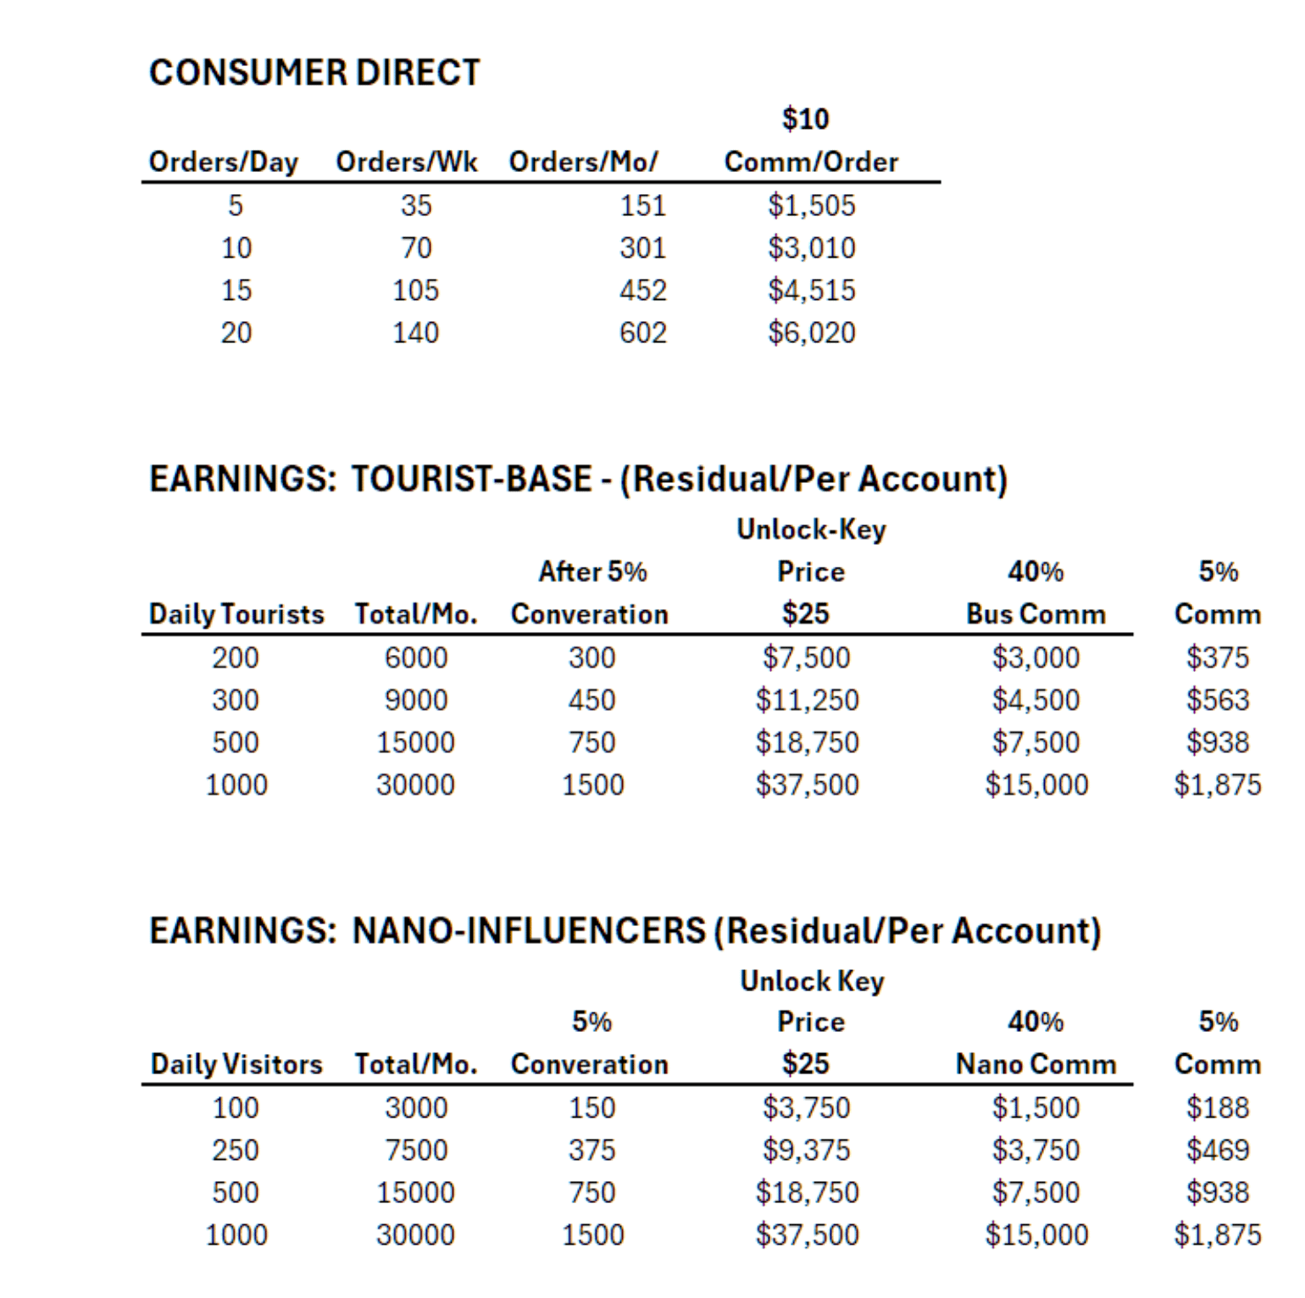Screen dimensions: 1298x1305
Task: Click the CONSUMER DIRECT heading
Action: [314, 73]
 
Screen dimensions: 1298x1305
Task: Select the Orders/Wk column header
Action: [407, 162]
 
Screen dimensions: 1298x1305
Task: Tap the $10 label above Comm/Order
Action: [805, 119]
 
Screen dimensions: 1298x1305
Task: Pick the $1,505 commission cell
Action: [811, 205]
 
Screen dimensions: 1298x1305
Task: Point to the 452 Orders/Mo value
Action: [642, 290]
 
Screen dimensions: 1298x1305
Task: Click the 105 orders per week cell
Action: [415, 290]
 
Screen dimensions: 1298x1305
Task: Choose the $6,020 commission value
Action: [811, 332]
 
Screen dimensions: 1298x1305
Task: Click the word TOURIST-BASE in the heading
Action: [471, 479]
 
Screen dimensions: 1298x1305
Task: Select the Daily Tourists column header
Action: [236, 613]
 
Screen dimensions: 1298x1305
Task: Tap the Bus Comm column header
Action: [1036, 613]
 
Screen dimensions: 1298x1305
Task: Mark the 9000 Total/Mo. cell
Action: [415, 700]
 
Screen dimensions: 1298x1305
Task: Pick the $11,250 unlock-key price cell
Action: [807, 700]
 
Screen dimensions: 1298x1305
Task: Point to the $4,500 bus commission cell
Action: [1036, 700]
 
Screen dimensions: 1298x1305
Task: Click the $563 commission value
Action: [1217, 700]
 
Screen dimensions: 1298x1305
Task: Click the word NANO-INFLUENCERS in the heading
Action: [529, 930]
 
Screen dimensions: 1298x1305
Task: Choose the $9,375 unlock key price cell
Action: [806, 1150]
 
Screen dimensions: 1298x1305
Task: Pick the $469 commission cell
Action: [1217, 1150]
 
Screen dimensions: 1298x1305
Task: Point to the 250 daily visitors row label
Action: [235, 1150]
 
